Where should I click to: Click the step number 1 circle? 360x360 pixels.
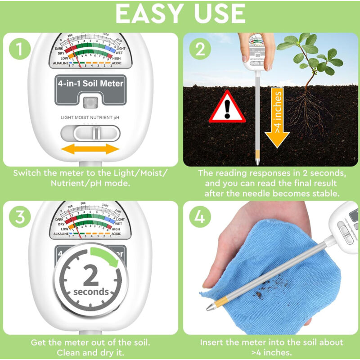pos(18,49)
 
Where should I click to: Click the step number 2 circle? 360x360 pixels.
pos(199,49)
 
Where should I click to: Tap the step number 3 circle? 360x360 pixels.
pos(18,217)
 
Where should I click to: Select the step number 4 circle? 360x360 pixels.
pos(199,217)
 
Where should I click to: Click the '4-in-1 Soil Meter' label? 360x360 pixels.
pos(90,83)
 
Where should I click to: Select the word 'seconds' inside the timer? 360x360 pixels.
pos(91,292)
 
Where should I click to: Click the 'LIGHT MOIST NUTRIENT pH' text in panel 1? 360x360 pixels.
pos(90,117)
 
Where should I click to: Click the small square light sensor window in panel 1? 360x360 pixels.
pos(90,103)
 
